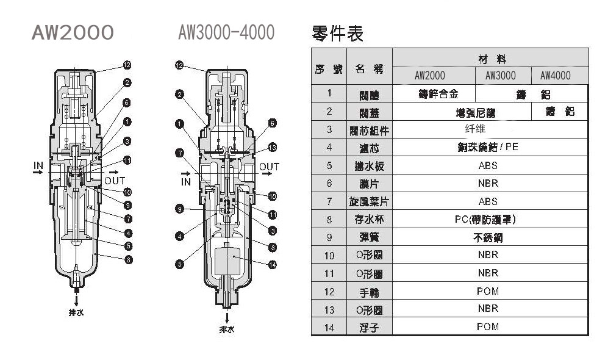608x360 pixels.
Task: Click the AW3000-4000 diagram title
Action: [226, 32]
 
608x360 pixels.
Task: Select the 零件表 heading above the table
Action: [337, 34]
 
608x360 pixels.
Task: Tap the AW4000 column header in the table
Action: [556, 76]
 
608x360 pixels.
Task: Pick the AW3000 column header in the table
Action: [501, 76]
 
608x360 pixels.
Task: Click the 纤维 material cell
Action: [488, 129]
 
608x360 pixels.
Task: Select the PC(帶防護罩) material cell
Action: [488, 219]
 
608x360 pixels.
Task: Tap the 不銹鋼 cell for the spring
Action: [488, 237]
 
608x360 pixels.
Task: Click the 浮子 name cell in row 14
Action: [370, 328]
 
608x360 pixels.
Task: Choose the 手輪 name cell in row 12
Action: [370, 292]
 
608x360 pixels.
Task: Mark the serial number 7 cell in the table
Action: [329, 201]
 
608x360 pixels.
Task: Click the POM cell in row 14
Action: [488, 326]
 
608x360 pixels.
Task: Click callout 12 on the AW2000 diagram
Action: [127, 65]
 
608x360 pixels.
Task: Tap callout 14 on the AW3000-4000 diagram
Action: [273, 264]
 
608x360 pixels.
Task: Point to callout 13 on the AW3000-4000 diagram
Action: [273, 147]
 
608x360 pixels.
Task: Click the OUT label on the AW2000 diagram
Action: [114, 181]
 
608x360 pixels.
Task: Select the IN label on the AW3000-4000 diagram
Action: [186, 181]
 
